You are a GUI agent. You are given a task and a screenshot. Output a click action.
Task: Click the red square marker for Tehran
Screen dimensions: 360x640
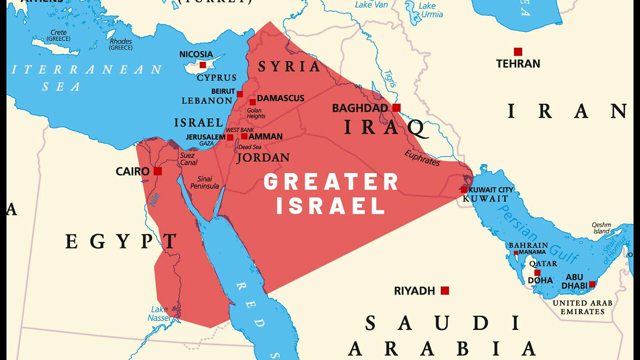(x=518, y=51)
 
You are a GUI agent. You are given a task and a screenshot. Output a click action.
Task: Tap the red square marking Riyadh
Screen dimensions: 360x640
(x=444, y=290)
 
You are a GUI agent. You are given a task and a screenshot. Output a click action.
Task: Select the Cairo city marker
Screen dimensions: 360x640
(x=157, y=171)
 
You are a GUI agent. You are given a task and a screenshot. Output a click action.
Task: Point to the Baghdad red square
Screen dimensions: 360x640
(x=396, y=107)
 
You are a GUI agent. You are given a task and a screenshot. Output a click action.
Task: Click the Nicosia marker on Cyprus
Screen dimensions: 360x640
(x=202, y=65)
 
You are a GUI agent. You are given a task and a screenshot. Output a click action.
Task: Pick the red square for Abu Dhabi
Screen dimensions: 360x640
(x=592, y=284)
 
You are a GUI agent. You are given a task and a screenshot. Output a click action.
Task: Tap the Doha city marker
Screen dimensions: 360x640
(x=537, y=273)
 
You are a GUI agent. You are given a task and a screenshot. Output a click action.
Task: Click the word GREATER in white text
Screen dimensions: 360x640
(x=331, y=182)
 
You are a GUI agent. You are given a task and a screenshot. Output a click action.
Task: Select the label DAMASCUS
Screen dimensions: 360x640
(x=280, y=98)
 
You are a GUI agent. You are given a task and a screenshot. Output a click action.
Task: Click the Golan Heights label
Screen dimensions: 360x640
(x=256, y=113)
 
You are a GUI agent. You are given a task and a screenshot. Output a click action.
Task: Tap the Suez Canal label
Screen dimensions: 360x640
(x=188, y=159)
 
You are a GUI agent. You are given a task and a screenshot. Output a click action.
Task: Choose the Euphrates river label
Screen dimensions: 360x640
(x=422, y=158)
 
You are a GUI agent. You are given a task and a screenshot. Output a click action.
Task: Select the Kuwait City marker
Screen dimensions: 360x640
(x=464, y=190)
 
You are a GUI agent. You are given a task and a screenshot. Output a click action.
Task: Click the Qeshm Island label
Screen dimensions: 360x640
(x=601, y=228)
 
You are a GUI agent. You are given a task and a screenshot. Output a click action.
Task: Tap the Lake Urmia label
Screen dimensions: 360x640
(x=430, y=10)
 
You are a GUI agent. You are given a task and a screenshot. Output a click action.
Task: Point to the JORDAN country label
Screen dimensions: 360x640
(x=263, y=158)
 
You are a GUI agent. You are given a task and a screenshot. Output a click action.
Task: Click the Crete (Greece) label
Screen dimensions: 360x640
(x=58, y=36)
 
